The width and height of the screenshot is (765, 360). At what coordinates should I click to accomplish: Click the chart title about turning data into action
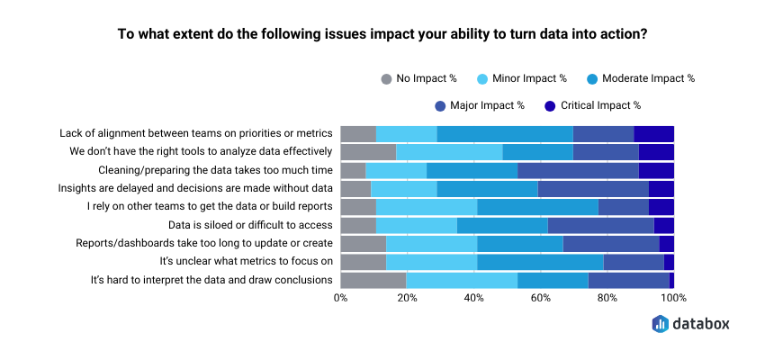click(382, 35)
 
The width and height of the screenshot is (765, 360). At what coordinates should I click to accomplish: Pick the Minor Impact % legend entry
click(526, 78)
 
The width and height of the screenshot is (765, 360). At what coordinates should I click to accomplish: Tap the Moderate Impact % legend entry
click(642, 78)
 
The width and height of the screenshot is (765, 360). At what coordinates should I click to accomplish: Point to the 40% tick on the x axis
click(473, 298)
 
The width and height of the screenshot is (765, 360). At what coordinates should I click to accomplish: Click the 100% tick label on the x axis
click(672, 298)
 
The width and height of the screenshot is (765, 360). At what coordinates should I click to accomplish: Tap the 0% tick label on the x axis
click(341, 298)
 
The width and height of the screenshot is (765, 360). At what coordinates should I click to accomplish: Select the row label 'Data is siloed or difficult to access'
click(251, 225)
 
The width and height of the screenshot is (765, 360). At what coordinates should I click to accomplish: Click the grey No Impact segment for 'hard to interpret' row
click(373, 280)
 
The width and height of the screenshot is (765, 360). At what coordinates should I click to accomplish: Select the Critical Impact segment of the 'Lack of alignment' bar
click(653, 133)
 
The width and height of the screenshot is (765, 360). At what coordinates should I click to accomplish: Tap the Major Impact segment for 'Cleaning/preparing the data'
click(578, 170)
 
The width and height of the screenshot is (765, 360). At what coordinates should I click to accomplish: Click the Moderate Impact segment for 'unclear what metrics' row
click(540, 262)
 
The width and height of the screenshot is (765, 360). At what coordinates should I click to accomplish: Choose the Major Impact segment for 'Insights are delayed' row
click(593, 188)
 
